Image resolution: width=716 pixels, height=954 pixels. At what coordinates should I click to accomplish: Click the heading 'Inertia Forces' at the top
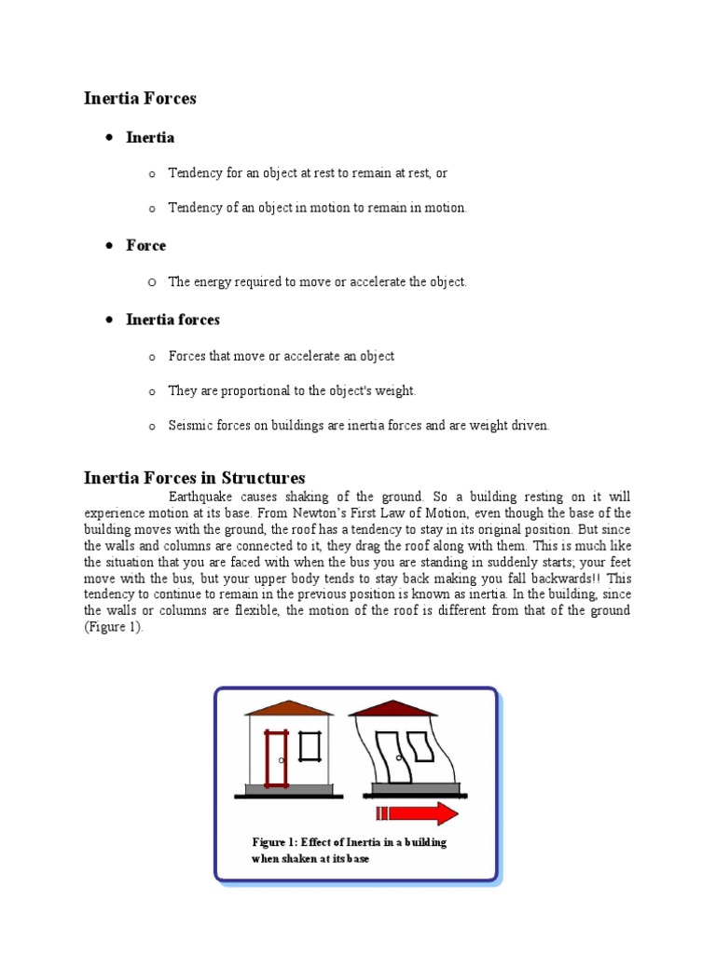point(140,98)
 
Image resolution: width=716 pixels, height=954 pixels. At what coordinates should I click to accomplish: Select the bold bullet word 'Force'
point(146,246)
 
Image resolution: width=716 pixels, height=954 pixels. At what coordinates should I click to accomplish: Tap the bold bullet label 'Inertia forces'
point(172,320)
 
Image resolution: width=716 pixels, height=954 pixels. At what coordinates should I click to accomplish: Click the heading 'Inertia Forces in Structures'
point(194,478)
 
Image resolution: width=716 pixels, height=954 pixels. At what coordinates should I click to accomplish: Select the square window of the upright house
point(309,746)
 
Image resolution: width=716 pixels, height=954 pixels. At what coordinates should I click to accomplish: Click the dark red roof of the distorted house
point(392,708)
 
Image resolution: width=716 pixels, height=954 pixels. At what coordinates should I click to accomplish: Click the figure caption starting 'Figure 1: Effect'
point(349,850)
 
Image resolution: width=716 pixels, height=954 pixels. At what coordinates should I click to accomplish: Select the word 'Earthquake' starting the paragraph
point(200,497)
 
